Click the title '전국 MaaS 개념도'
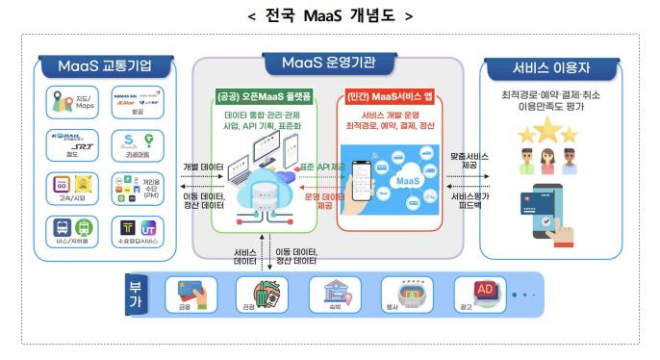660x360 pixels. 330,16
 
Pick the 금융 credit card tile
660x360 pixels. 185,295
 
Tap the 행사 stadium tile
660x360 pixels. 402,295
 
